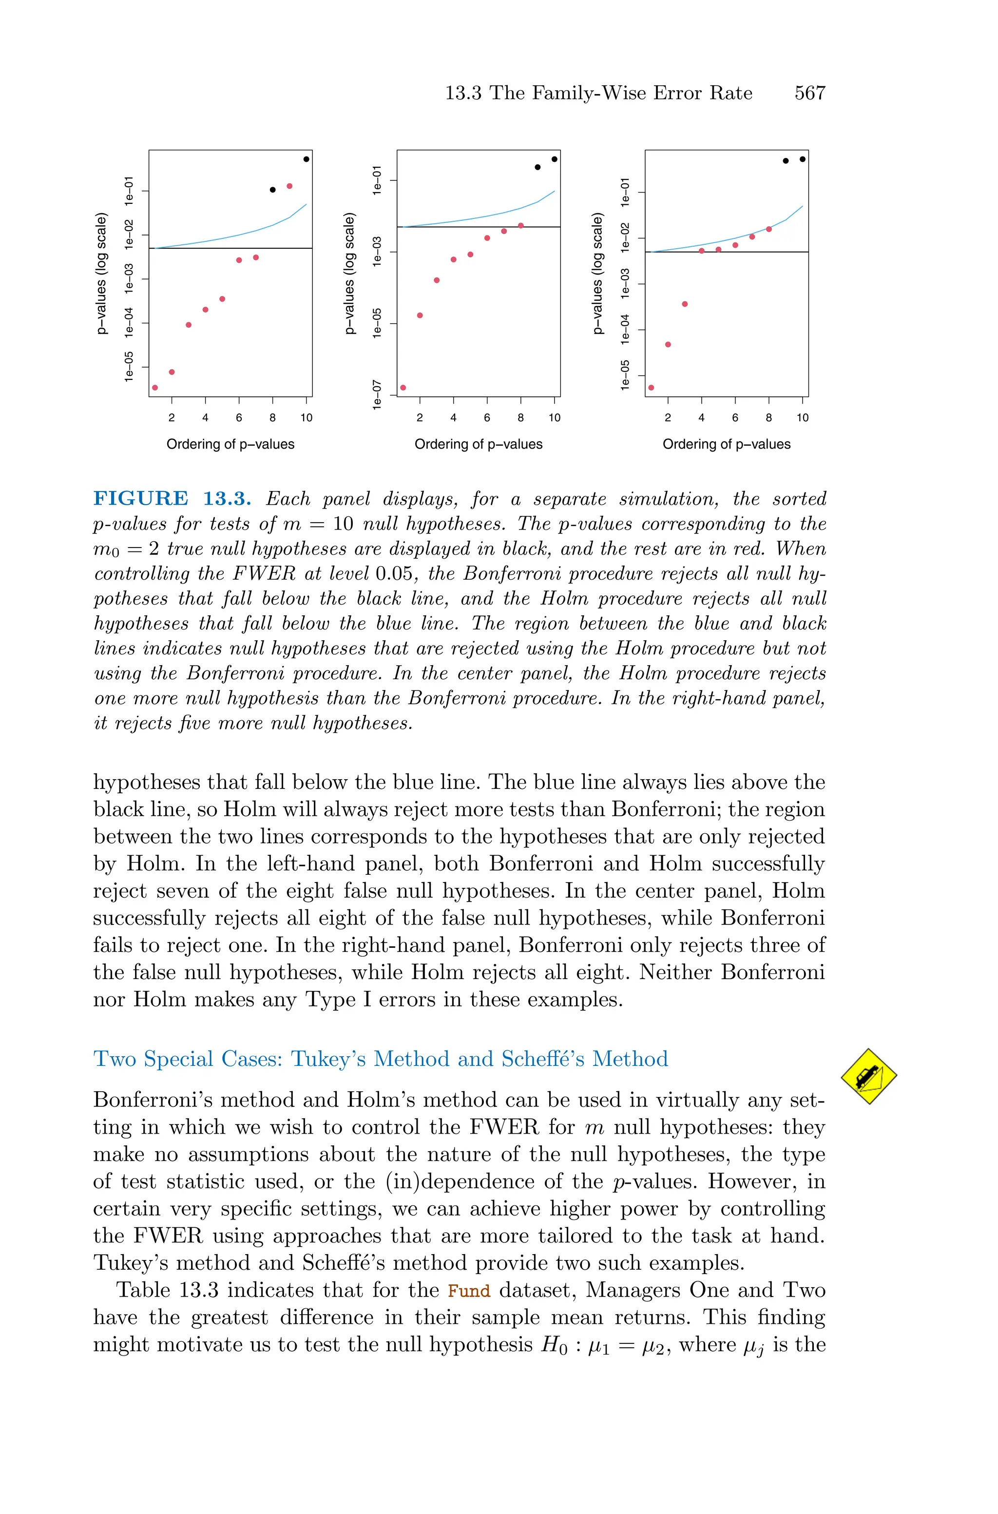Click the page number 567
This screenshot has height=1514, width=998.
click(809, 93)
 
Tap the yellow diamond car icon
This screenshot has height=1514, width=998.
click(868, 1076)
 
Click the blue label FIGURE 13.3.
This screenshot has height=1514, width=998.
click(172, 498)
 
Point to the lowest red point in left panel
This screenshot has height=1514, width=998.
click(154, 387)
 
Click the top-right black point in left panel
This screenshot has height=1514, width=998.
click(306, 159)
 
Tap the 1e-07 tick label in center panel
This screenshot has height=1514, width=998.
click(378, 395)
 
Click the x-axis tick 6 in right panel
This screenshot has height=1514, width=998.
click(735, 418)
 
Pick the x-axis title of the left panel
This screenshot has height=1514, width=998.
click(230, 444)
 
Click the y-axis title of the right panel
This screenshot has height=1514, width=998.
click(597, 274)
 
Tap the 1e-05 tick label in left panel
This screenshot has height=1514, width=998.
click(129, 367)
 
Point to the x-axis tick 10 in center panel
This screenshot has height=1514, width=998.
click(555, 418)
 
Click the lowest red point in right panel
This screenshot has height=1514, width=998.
click(651, 387)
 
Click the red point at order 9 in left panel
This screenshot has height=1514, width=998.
click(289, 186)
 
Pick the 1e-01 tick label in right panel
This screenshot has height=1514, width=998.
click(625, 192)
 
